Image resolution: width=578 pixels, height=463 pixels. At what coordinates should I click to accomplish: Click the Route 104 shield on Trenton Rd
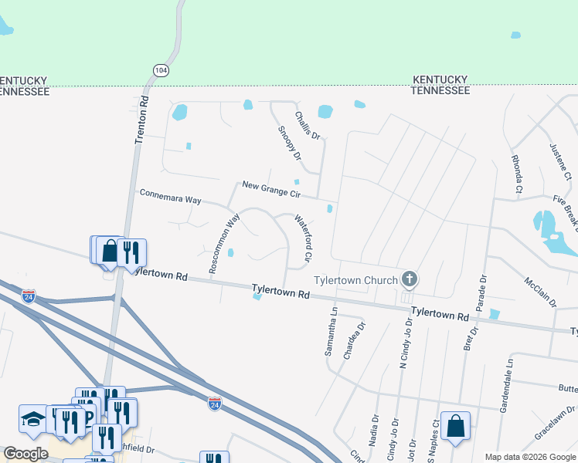[x=161, y=69]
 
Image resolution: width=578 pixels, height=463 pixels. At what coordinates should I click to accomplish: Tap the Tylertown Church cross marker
[x=410, y=279]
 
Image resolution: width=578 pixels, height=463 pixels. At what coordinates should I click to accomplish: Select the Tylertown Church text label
[x=355, y=280]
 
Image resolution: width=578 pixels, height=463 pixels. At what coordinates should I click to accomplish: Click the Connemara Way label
[x=170, y=196]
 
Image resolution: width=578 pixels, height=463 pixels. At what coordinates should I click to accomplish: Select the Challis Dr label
[x=308, y=124]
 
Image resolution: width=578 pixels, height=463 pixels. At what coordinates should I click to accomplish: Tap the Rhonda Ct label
[x=516, y=174]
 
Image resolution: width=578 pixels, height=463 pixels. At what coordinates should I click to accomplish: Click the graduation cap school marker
[x=32, y=418]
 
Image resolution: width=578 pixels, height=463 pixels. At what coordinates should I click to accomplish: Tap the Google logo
[x=25, y=454]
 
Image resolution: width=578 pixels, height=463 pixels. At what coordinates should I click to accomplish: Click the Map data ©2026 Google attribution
[x=530, y=457]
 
